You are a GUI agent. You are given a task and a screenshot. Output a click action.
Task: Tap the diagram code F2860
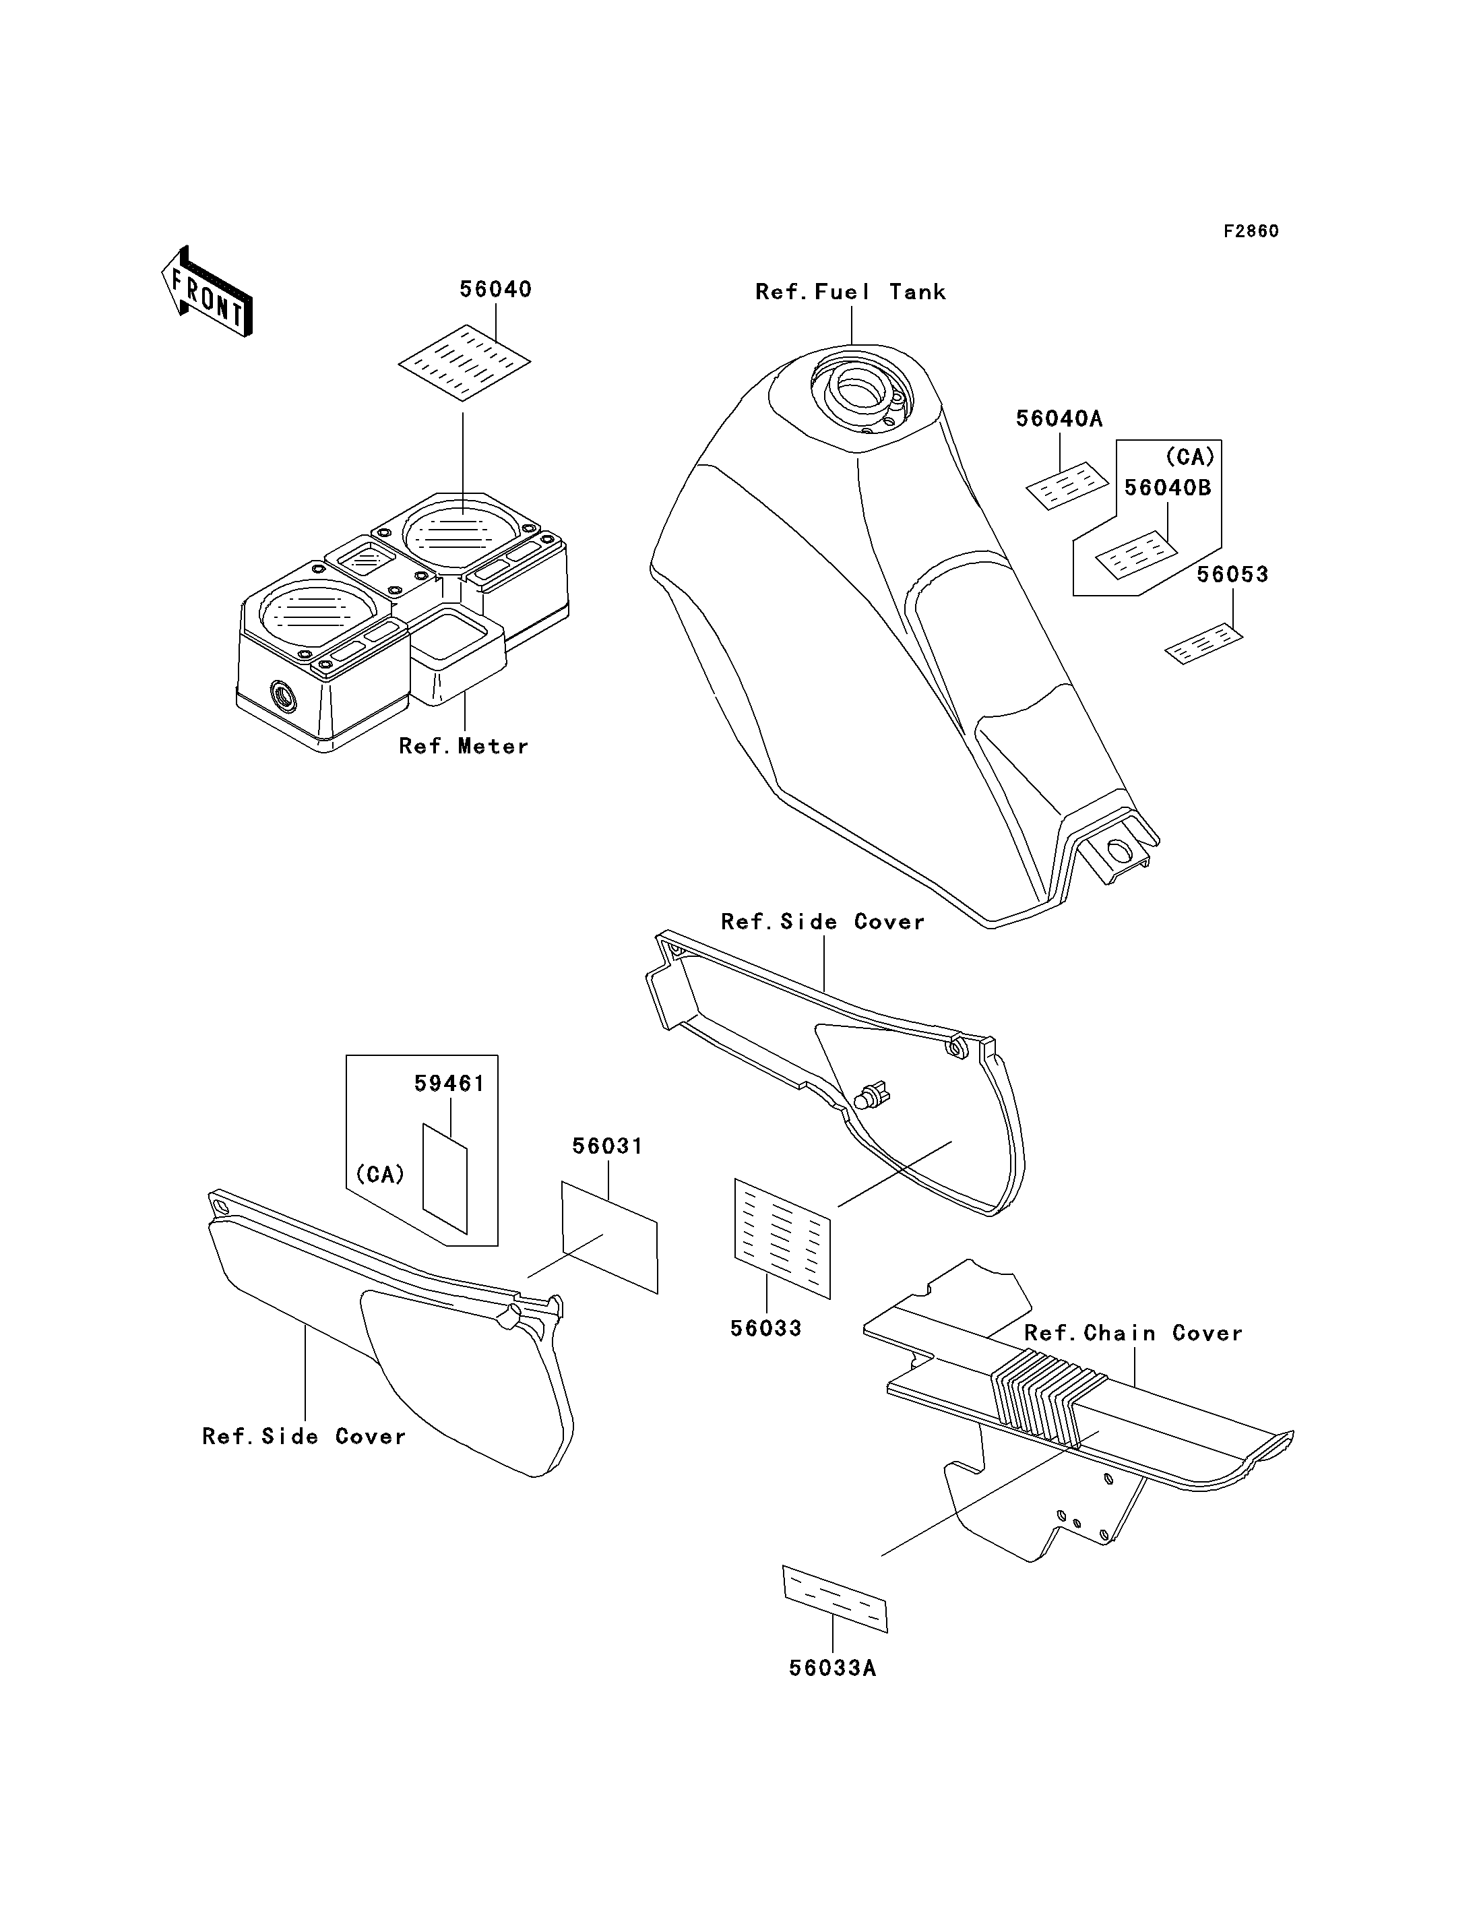1251,231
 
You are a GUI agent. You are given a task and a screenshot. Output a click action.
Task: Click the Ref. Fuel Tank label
850,292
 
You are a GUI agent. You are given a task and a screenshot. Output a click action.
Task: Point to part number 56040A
1059,418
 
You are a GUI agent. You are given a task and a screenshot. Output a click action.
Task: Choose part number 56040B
1168,487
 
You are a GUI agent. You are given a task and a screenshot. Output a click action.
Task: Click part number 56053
1232,574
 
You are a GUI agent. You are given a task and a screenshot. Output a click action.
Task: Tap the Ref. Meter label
464,746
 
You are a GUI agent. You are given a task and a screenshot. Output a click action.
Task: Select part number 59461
449,1084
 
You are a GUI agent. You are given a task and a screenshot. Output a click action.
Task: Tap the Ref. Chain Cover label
1133,1332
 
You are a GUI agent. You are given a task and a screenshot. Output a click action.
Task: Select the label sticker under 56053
1203,644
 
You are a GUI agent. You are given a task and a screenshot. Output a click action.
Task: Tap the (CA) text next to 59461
380,1174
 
